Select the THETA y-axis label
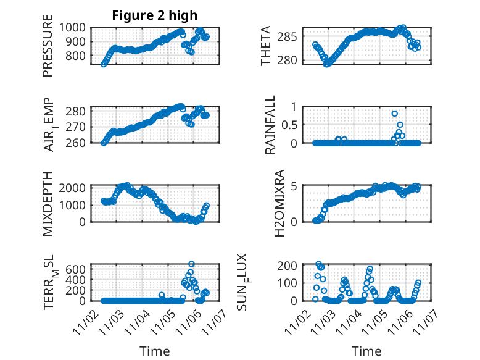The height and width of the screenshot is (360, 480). point(266,46)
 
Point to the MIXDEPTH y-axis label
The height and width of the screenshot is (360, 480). point(48,203)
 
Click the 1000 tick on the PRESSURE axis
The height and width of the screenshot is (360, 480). point(75,27)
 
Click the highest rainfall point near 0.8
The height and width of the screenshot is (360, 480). point(395,114)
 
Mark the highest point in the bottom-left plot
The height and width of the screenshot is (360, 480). point(191,264)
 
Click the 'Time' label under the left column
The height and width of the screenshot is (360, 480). point(155,351)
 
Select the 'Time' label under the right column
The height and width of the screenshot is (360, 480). point(366,351)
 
